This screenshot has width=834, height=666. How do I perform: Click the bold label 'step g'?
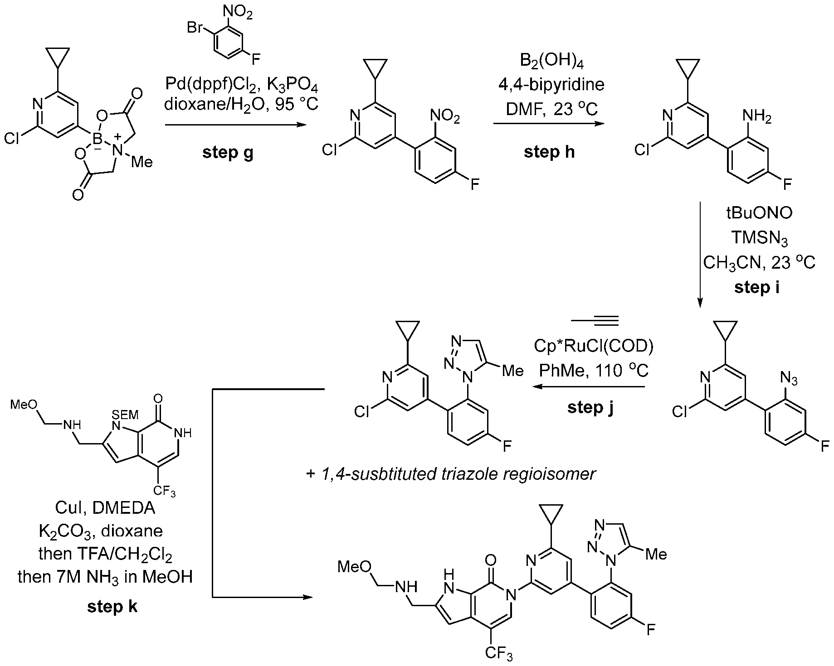pyautogui.click(x=228, y=153)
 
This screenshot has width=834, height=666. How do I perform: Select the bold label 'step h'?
pyautogui.click(x=549, y=152)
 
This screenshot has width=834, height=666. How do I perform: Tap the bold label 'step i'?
pyautogui.click(x=757, y=287)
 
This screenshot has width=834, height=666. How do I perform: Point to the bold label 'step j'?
pyautogui.click(x=590, y=407)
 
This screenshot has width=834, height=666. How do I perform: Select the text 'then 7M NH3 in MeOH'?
pyautogui.click(x=105, y=577)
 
